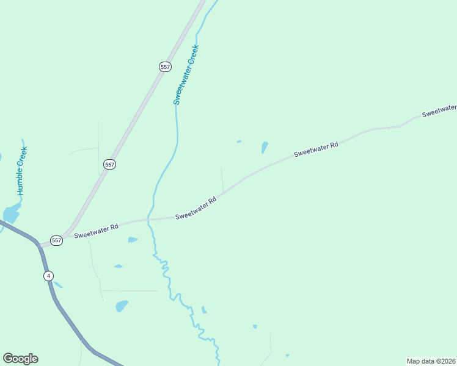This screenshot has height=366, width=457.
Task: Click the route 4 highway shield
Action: pos(48,276)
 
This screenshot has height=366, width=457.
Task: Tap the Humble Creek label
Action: pos(23,171)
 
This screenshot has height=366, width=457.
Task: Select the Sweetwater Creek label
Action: pos(186,74)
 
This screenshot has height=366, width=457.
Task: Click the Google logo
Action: pos(20,359)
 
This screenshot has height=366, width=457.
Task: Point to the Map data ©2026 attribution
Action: pos(431,361)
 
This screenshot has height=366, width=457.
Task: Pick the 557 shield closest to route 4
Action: pos(57,240)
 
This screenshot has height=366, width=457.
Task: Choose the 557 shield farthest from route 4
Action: pos(165,66)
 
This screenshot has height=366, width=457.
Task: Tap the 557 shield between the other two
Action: pos(109,165)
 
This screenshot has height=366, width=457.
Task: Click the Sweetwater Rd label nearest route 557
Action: pos(96,231)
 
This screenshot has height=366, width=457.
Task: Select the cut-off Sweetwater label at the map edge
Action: pos(439,110)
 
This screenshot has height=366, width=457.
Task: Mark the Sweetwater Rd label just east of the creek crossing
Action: pos(196,208)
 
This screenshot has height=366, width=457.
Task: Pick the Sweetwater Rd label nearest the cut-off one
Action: pos(316,149)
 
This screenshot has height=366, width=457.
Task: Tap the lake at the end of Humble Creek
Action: pos(11,213)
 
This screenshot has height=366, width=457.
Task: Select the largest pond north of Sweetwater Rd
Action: pos(265,147)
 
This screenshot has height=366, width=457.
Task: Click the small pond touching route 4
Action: pos(57,284)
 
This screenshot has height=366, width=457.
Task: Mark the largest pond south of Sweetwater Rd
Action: pos(122,305)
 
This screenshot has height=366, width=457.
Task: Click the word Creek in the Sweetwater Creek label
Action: pos(194,54)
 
